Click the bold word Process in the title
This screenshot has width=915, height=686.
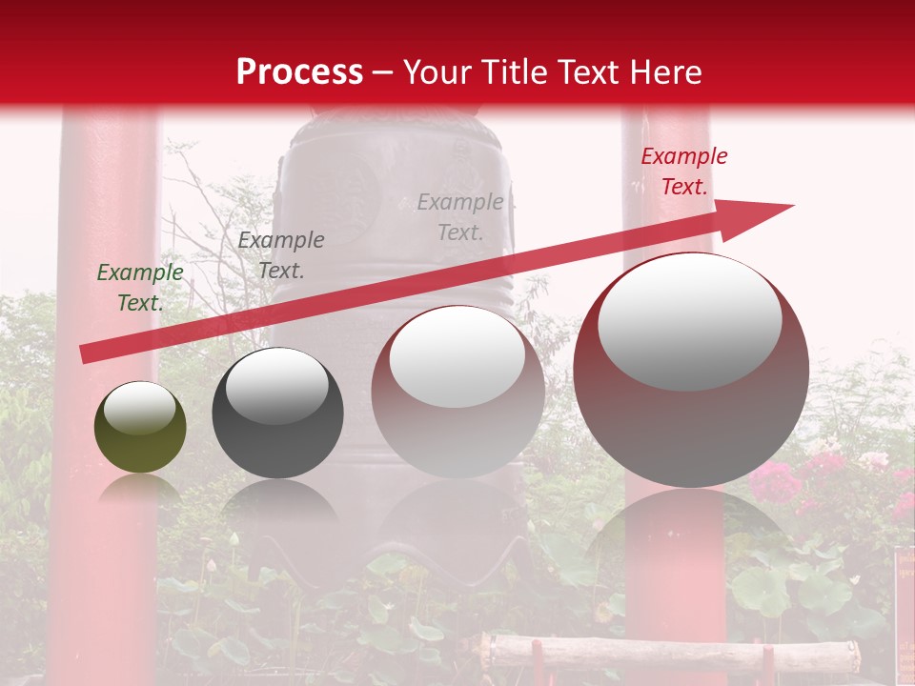pyautogui.click(x=299, y=72)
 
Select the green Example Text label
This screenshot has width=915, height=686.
pyautogui.click(x=140, y=288)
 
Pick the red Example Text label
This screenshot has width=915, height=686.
pyautogui.click(x=683, y=171)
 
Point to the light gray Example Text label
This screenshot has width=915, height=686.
pyautogui.click(x=460, y=217)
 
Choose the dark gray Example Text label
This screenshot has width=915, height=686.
pyautogui.click(x=281, y=255)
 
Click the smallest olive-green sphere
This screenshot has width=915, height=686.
pyautogui.click(x=140, y=438)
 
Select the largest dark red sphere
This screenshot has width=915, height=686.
pyautogui.click(x=691, y=419)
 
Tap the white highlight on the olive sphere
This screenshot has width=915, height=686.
pyautogui.click(x=140, y=408)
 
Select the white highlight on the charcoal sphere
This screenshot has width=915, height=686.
pyautogui.click(x=276, y=385)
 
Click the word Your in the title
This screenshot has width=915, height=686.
pyautogui.click(x=438, y=72)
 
